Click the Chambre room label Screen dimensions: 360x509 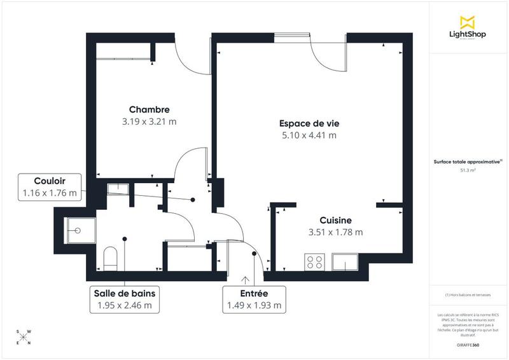(x=149, y=109)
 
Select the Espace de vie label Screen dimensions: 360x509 (x=309, y=123)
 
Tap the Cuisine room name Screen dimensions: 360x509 (x=335, y=220)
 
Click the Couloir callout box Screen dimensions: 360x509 (x=50, y=186)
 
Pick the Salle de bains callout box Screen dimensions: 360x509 (x=125, y=299)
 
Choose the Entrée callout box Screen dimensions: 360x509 (x=254, y=299)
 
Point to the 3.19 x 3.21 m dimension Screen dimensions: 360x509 (x=149, y=121)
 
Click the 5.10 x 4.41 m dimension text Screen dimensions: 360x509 (x=309, y=135)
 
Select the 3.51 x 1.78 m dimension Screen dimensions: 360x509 (x=335, y=232)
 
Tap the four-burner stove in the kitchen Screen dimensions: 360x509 (x=315, y=261)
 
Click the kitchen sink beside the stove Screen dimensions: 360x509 (x=345, y=261)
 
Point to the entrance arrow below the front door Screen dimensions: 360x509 (x=246, y=279)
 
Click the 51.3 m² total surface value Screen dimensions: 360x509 (x=468, y=170)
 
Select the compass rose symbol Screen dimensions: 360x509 (x=23, y=337)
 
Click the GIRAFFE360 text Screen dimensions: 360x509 (x=468, y=344)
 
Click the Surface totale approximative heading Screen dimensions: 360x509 (x=468, y=162)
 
